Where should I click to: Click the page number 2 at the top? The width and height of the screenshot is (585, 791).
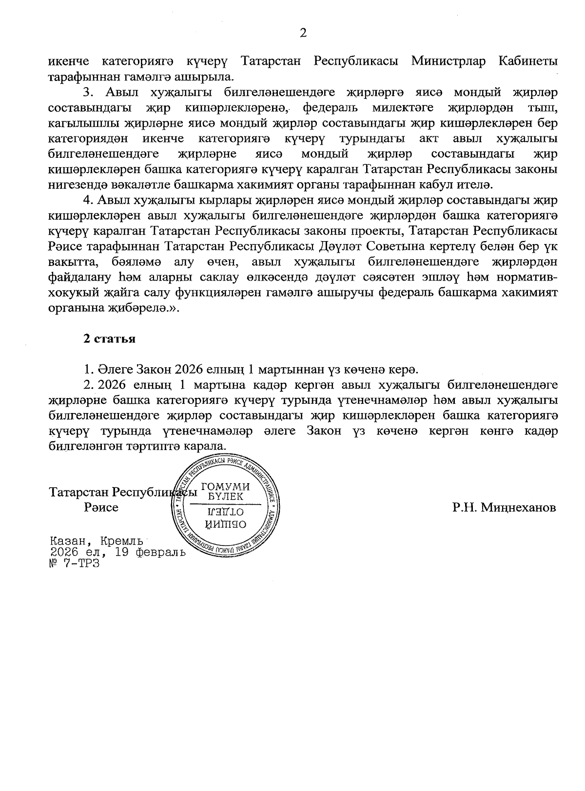pos(303,33)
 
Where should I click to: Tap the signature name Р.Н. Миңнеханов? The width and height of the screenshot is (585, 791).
pos(504,508)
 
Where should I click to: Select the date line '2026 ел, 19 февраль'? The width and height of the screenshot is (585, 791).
pos(117,552)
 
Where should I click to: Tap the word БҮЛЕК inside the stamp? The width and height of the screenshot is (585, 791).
pos(225,496)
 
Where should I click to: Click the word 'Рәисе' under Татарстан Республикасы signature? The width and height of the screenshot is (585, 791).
pos(101,508)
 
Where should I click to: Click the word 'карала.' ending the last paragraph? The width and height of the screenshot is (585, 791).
pos(209,446)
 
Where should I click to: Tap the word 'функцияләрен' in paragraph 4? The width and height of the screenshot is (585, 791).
pos(214,293)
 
